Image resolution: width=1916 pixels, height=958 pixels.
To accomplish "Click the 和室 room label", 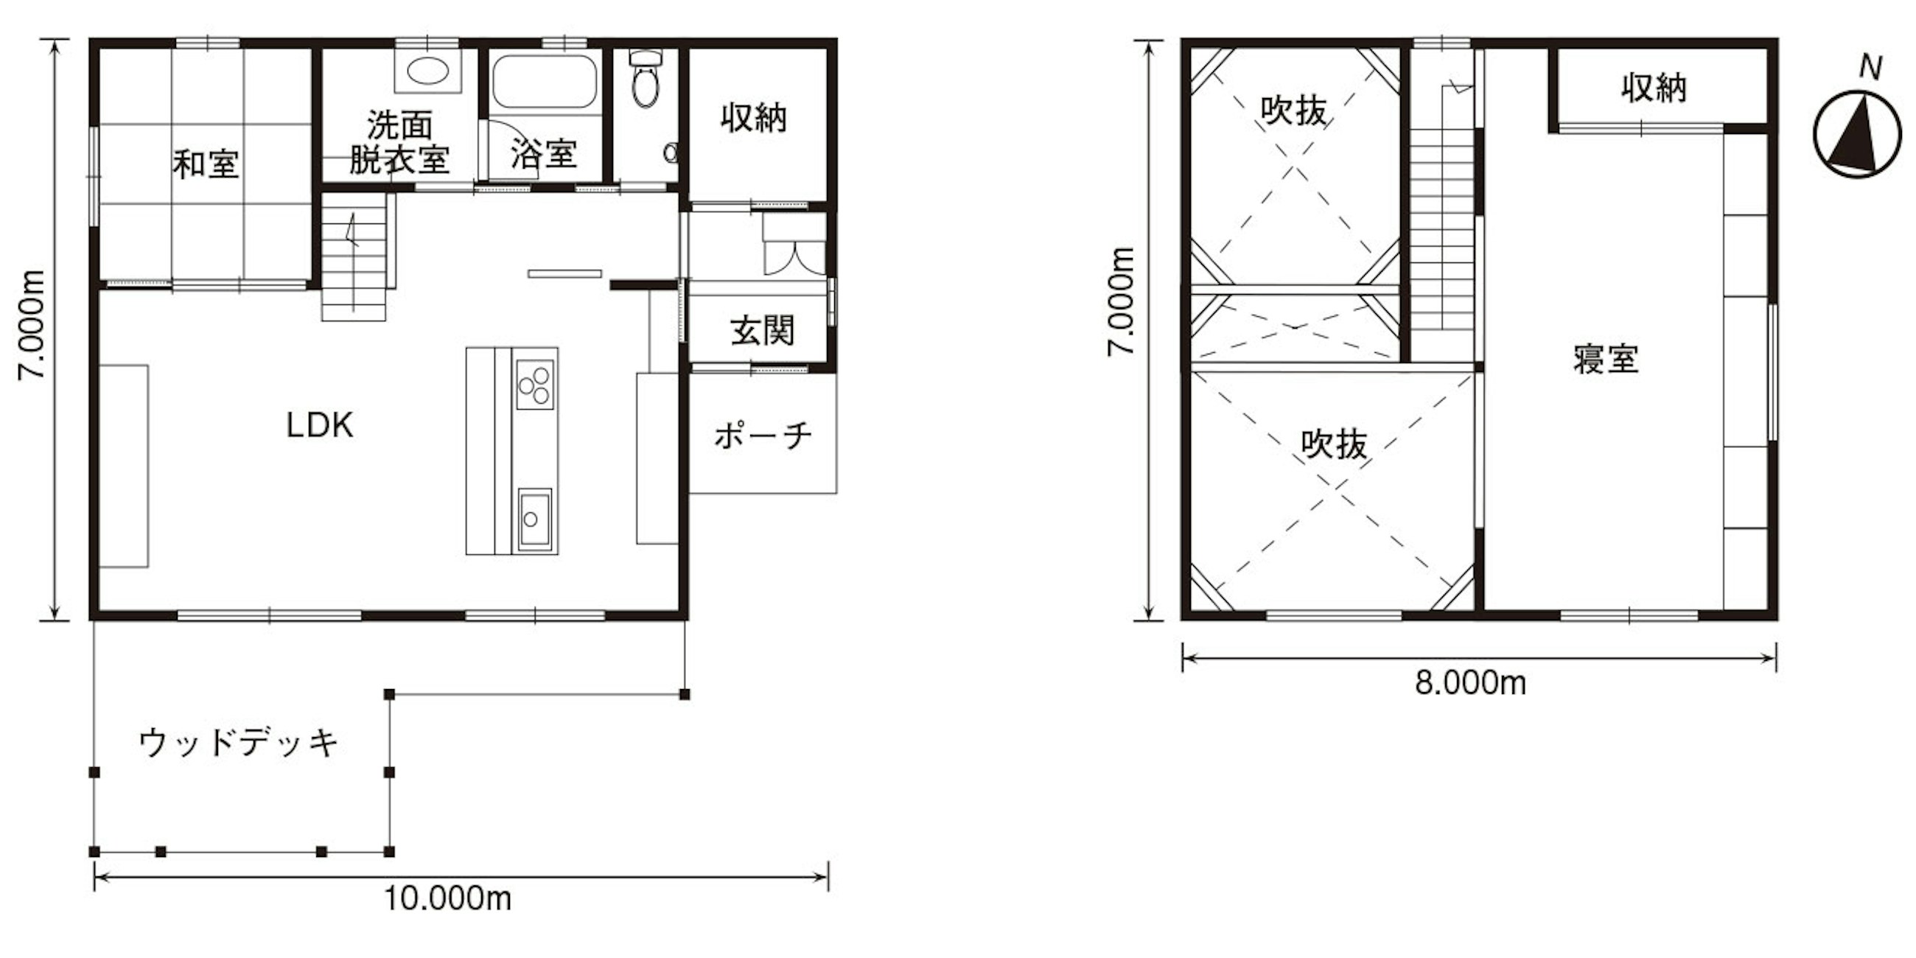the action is coord(206,164).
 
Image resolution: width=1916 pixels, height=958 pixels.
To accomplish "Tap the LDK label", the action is coord(320,424).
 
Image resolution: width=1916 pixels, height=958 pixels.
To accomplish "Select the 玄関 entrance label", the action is coord(763,331).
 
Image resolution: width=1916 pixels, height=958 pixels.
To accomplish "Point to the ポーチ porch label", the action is coord(763,436).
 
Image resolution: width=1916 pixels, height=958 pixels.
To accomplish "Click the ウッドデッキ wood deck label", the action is coord(239,742).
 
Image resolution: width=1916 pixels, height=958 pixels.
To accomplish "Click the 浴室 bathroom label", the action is coord(544,154).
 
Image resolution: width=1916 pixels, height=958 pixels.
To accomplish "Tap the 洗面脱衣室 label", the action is coord(399,143).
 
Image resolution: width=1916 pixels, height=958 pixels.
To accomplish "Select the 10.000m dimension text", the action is coord(448,898).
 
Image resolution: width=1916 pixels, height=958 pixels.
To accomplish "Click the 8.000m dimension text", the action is coord(1470,683).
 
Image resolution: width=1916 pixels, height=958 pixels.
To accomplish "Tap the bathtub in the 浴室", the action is coord(545,81).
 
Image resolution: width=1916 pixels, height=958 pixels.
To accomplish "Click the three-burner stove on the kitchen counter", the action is coord(536,385).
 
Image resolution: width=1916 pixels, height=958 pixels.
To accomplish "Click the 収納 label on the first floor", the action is coord(754,118).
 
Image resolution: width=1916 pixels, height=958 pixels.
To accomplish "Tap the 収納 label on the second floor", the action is coord(1655,88).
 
